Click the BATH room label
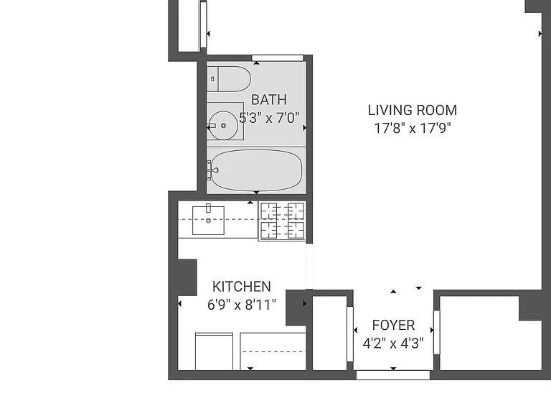click(x=269, y=100)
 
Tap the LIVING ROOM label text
click(x=413, y=111)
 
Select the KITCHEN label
click(x=242, y=287)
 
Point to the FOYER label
click(x=393, y=326)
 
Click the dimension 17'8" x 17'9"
click(x=413, y=128)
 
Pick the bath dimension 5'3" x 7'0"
click(x=269, y=118)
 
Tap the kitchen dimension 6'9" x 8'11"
click(x=242, y=305)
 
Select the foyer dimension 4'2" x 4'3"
click(x=393, y=343)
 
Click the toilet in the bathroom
click(x=229, y=79)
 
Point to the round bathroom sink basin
click(x=223, y=125)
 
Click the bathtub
click(x=257, y=170)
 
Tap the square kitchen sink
click(x=208, y=221)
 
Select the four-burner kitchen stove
click(x=282, y=221)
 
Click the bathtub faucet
click(x=212, y=170)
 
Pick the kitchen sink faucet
click(x=208, y=208)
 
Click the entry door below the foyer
click(x=393, y=375)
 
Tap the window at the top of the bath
click(x=278, y=58)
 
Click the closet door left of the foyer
click(x=350, y=334)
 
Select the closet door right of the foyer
click(x=437, y=332)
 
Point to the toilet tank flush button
click(x=212, y=79)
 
